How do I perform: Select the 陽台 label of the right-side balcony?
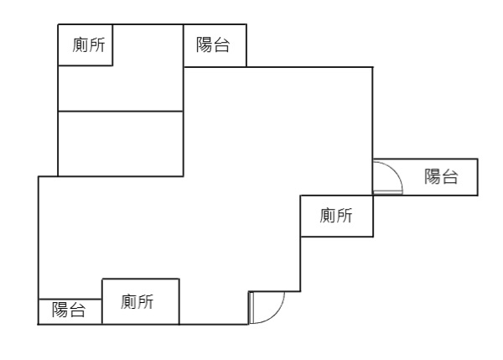click(441, 176)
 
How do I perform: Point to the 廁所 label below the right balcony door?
click(336, 217)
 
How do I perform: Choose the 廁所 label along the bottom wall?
click(137, 301)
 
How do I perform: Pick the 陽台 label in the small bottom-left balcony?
click(69, 310)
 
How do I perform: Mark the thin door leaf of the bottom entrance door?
click(250, 307)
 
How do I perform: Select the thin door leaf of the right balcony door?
click(387, 193)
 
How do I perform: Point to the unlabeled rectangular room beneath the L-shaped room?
click(120, 143)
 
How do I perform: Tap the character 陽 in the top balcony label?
click(205, 45)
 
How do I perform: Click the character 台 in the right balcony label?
click(450, 176)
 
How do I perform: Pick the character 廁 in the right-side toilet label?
click(328, 217)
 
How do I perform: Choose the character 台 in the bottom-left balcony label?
click(77, 310)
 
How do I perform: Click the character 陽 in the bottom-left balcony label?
click(60, 310)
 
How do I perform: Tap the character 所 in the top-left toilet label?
click(98, 45)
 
